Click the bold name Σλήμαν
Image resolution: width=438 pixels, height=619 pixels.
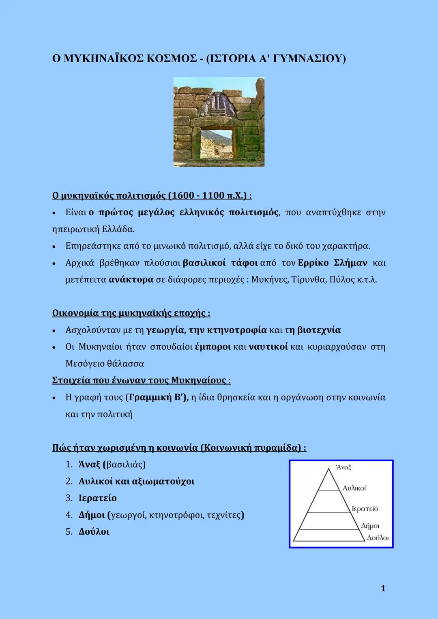point(350,263)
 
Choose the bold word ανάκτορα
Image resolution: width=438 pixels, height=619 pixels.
point(131,280)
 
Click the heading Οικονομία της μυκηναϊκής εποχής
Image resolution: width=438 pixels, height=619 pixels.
point(131,313)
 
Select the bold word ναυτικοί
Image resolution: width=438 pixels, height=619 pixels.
point(268,347)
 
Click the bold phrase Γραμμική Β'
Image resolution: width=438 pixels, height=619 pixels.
point(157,397)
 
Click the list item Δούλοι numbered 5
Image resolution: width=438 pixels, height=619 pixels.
point(94,532)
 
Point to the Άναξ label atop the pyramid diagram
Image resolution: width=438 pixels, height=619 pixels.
point(344,467)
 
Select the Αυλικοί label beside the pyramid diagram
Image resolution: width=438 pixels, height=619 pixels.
point(354,488)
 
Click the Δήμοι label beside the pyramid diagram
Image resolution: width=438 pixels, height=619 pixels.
point(370,526)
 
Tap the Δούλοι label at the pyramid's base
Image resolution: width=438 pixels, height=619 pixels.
point(378,538)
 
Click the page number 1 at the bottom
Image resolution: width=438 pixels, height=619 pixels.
point(383,589)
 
